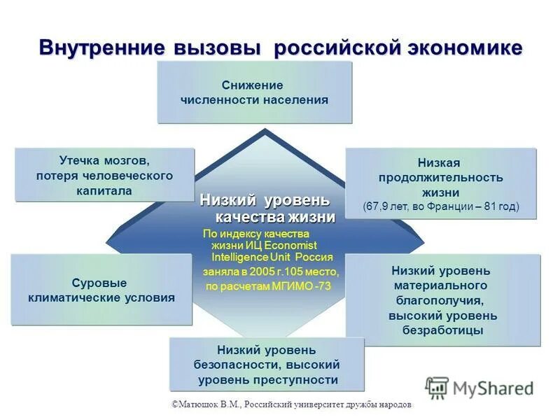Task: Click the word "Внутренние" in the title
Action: click(x=101, y=48)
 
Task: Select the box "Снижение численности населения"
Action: click(x=254, y=92)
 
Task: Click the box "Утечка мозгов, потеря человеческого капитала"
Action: click(x=104, y=174)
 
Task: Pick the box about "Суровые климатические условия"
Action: click(x=101, y=290)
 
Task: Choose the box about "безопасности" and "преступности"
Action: click(x=267, y=365)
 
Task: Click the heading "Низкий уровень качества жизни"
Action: click(x=267, y=208)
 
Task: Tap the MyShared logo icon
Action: click(x=437, y=387)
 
